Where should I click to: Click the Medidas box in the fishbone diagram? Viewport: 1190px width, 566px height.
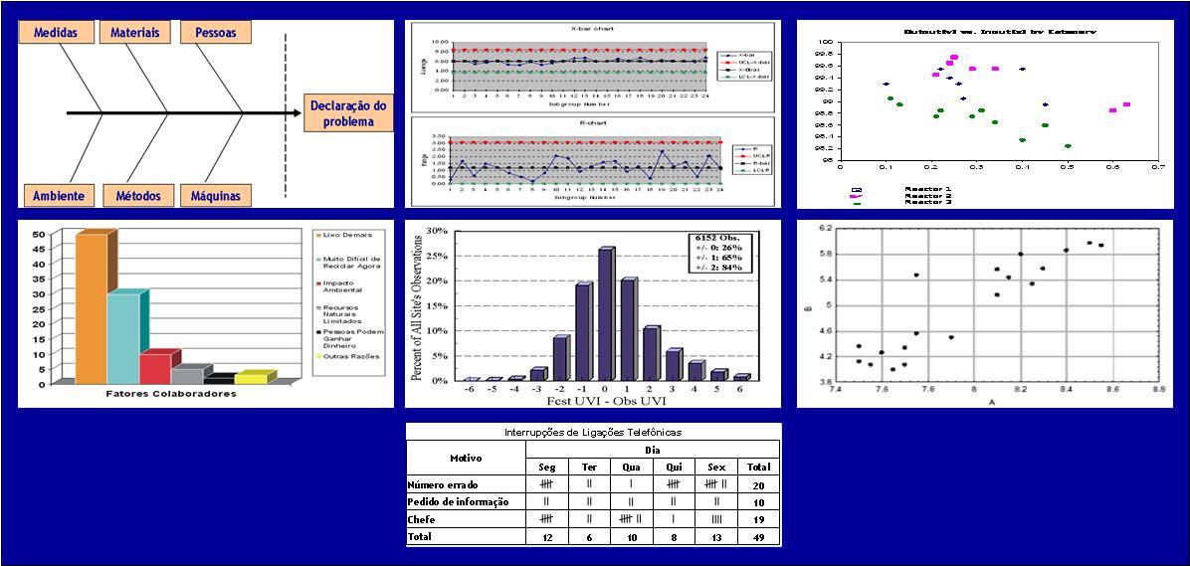point(56,33)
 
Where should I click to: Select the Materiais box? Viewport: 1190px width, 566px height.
point(135,33)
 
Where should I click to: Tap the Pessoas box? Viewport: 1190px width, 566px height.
point(216,33)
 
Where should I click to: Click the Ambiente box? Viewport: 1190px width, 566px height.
point(58,195)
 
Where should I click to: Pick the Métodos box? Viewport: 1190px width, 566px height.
point(138,195)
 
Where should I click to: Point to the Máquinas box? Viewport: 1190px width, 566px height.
point(216,195)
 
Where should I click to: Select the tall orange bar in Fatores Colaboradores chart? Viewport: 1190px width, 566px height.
point(91,307)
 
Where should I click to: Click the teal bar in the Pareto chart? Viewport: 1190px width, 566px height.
point(122,337)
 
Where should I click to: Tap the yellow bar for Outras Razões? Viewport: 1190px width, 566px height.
point(250,378)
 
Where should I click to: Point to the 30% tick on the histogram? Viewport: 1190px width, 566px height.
point(437,231)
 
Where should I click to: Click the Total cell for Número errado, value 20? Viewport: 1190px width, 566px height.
point(758,484)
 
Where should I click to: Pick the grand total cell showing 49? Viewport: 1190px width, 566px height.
point(758,537)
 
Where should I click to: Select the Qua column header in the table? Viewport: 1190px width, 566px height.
point(630,467)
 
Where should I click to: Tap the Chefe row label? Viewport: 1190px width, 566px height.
point(422,519)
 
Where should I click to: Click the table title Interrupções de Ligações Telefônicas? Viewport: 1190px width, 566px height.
point(593,433)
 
